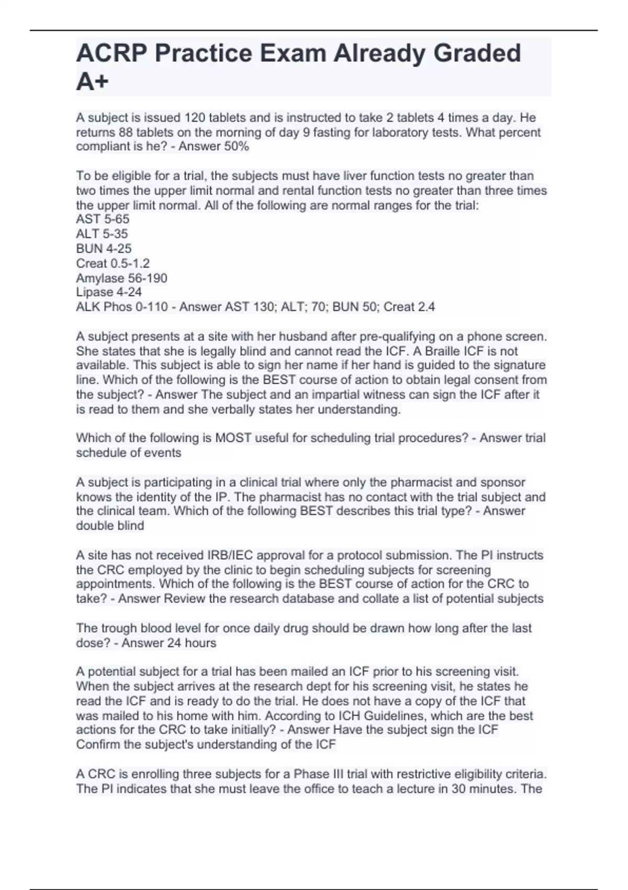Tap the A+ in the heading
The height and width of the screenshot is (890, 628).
[x=93, y=82]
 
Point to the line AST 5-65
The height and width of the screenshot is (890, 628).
[x=103, y=219]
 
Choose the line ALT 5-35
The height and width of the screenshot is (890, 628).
[x=102, y=233]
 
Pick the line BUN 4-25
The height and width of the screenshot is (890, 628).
[x=104, y=249]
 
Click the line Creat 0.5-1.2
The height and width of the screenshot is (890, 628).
[x=113, y=263]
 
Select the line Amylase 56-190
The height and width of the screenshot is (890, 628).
[x=121, y=278]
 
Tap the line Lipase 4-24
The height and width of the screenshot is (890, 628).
[x=109, y=292]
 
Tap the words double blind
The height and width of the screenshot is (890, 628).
[x=110, y=526]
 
